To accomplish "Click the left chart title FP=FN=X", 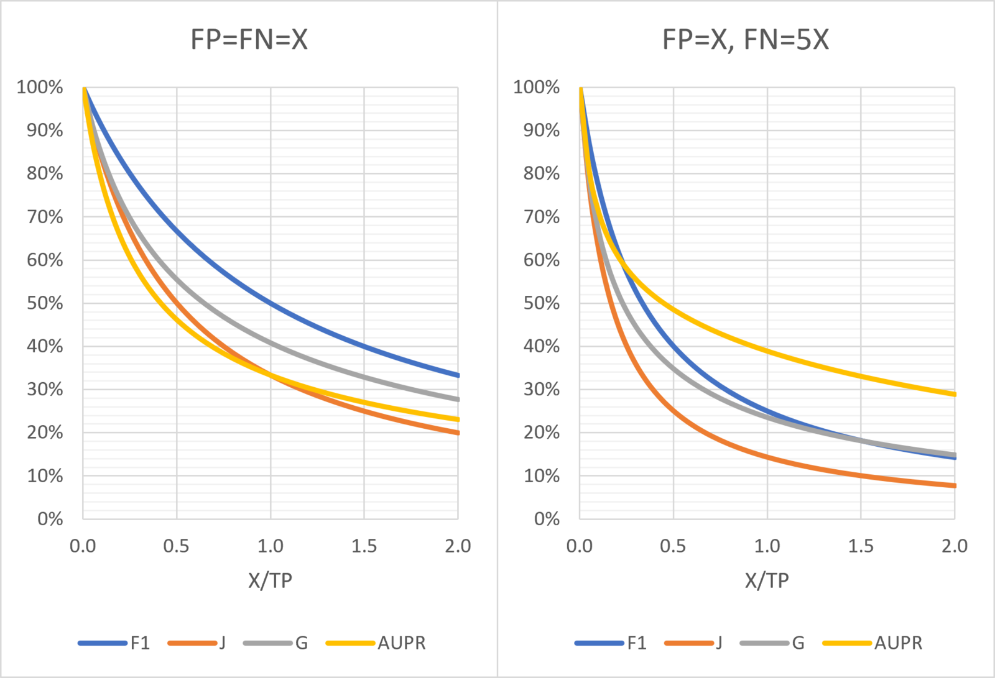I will point(249,40).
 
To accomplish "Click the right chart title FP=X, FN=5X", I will point(745,40).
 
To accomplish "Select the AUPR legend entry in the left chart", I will point(401,643).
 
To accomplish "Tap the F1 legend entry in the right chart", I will point(636,643).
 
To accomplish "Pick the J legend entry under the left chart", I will point(221,643).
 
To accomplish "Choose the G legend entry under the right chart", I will point(798,643).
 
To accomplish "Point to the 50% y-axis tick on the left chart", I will point(45,303).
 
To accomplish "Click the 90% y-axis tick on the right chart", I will point(541,131).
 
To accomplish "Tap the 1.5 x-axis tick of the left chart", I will point(364,546).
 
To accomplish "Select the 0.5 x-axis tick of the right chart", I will point(673,546).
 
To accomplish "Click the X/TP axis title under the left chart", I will point(270,580).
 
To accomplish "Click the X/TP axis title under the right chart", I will point(767,580).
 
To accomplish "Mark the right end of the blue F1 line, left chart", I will point(458,375).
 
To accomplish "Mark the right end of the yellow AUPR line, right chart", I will point(954,394).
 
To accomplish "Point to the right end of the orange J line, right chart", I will point(954,485).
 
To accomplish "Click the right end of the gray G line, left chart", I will point(458,399).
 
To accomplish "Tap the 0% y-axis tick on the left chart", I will point(50,519).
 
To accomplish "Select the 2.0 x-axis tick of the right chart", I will point(954,546).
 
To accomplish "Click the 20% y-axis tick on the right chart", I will point(541,433).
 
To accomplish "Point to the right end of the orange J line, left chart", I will point(458,433).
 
